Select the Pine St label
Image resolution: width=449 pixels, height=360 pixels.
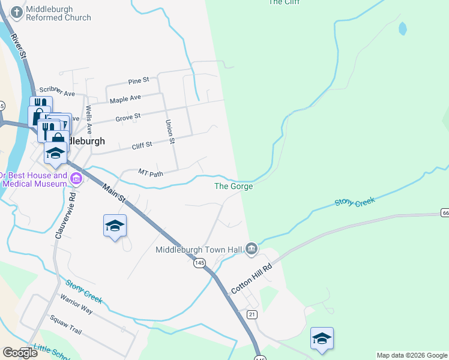(138, 81)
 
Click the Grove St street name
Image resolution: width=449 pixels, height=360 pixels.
(128, 116)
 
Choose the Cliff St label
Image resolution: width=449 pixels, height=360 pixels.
(142, 145)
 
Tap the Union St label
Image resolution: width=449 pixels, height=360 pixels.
(170, 131)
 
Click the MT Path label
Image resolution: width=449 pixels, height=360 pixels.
(151, 172)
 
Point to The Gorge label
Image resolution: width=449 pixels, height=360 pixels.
(234, 187)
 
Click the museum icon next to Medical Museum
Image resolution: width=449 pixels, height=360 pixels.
(76, 178)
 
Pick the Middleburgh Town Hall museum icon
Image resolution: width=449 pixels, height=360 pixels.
(252, 248)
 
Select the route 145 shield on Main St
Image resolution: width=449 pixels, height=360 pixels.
(200, 263)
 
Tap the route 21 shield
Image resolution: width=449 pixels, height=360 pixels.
(252, 314)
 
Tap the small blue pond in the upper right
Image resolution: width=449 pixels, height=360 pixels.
(402, 28)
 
